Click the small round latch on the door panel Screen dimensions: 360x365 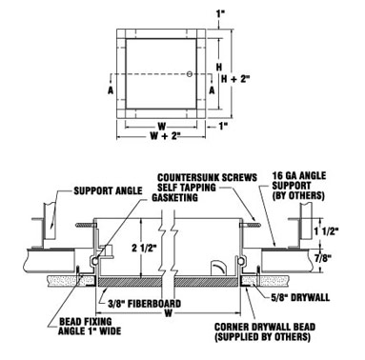(x=191, y=74)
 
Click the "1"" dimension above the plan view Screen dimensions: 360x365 (x=218, y=12)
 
